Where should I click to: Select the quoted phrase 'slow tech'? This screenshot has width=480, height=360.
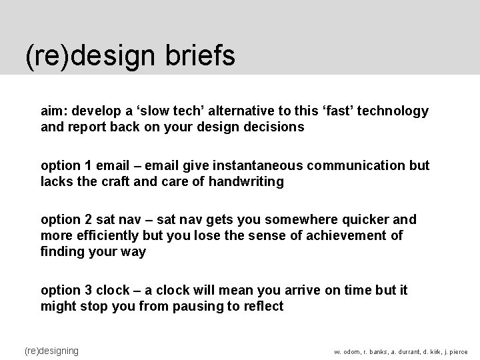(159, 111)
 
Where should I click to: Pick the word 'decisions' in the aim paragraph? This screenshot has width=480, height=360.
(275, 127)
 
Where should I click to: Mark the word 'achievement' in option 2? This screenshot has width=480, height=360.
(349, 235)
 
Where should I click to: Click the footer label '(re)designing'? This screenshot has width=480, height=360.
(51, 350)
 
